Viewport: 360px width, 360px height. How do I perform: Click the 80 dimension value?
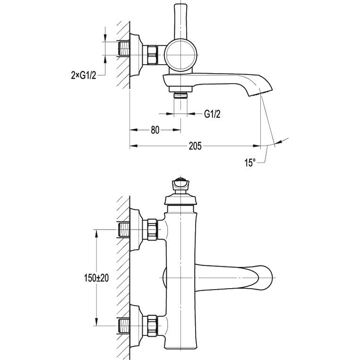click(x=155, y=130)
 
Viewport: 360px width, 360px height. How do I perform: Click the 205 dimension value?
click(x=195, y=146)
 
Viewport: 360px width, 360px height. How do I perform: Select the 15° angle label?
click(x=250, y=163)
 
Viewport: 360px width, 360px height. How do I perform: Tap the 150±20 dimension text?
click(x=96, y=278)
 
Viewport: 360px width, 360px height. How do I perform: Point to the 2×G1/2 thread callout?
click(x=84, y=75)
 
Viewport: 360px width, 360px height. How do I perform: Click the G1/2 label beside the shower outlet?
click(x=212, y=114)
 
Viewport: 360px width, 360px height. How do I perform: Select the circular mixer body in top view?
click(x=180, y=55)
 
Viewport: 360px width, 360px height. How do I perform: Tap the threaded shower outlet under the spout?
click(x=180, y=95)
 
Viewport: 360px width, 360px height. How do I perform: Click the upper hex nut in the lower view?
click(x=152, y=230)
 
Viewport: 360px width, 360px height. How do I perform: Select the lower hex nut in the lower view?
click(x=152, y=326)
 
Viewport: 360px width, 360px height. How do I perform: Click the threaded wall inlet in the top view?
click(x=123, y=48)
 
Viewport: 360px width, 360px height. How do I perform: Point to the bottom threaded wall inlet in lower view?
click(x=123, y=326)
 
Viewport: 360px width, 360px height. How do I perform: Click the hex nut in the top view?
click(x=152, y=55)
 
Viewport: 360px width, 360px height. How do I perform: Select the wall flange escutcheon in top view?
click(x=136, y=55)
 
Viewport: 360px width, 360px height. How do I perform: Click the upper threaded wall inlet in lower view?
click(x=123, y=230)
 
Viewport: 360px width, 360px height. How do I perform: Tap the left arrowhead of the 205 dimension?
click(x=134, y=146)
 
